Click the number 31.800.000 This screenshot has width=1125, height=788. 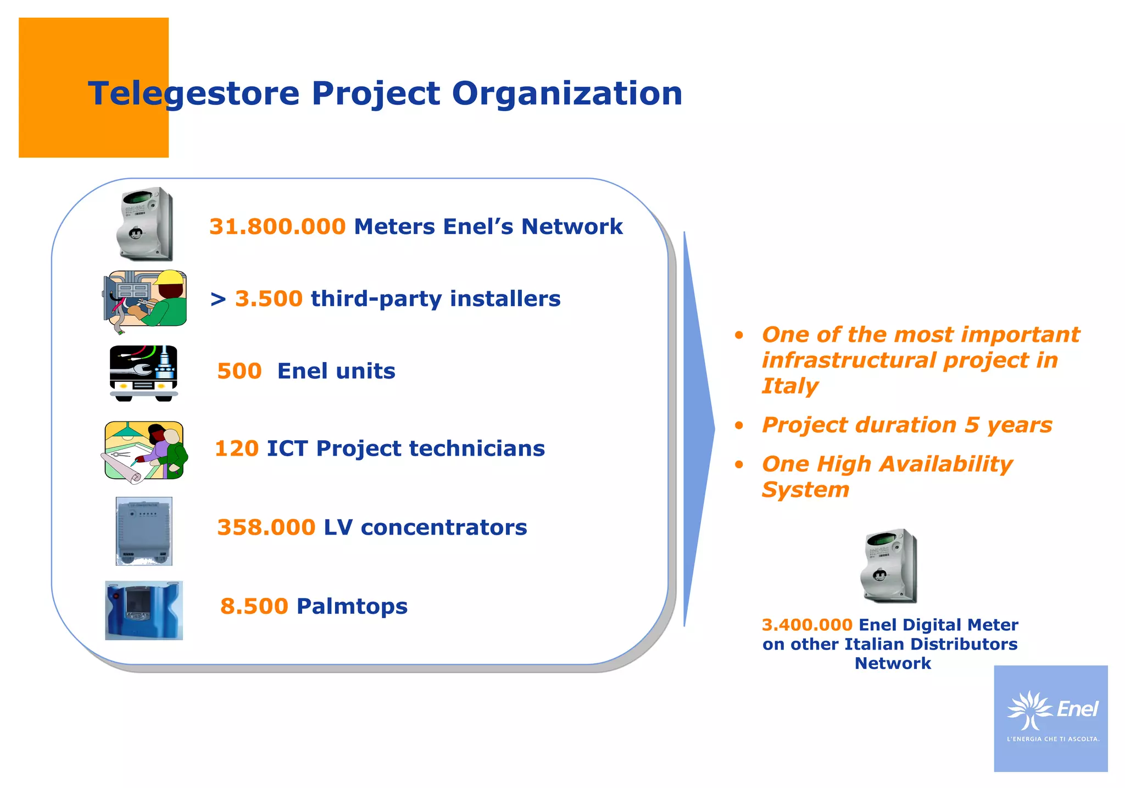click(x=277, y=227)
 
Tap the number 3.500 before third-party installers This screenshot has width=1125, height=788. click(x=269, y=299)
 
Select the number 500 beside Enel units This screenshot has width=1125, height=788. click(x=239, y=371)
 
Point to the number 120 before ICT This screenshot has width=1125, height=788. click(x=236, y=449)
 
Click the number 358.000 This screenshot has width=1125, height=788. click(x=266, y=528)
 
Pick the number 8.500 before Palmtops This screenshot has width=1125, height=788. click(x=254, y=607)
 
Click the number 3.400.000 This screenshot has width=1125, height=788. click(x=806, y=625)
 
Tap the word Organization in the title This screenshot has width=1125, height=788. click(x=567, y=93)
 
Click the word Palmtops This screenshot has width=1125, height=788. click(x=352, y=607)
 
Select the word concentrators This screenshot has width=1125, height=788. click(x=444, y=528)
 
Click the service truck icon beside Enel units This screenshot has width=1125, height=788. click(x=143, y=373)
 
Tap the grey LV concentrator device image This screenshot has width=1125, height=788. click(x=144, y=531)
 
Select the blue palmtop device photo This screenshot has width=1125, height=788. click(x=144, y=610)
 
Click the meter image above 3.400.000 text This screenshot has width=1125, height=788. click(x=888, y=565)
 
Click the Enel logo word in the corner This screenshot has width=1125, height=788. click(x=1077, y=709)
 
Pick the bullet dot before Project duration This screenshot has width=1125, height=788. click(x=739, y=425)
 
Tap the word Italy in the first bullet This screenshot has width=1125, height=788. click(x=789, y=386)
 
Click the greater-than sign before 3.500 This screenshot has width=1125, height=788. click(x=218, y=299)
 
